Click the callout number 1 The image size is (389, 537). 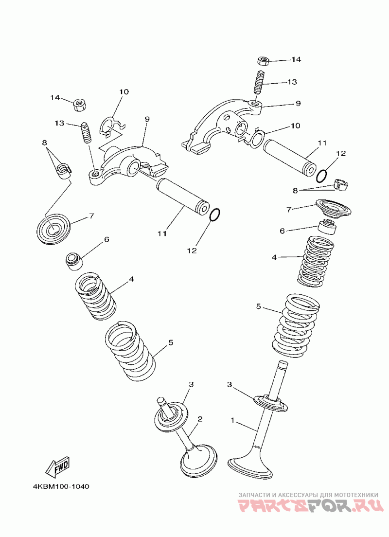tap(233, 419)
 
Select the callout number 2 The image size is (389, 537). tap(199, 419)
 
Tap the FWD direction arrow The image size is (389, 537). tap(57, 466)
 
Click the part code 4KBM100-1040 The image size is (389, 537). tap(61, 486)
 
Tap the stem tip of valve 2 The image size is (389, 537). tap(161, 400)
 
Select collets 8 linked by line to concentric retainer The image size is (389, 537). tap(63, 171)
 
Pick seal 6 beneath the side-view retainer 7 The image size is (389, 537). tap(327, 227)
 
